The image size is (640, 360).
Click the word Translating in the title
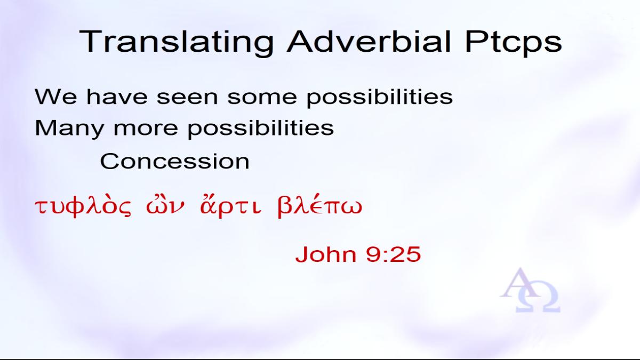177,42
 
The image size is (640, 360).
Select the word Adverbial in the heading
369,42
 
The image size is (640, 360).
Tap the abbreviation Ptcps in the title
514,42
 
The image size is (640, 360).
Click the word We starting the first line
55,97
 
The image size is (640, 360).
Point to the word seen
187,97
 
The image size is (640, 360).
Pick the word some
262,97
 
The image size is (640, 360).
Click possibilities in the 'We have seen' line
380,98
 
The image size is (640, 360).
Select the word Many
69,129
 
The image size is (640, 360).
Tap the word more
146,129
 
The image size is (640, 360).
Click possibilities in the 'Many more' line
261,129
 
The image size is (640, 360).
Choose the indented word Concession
175,162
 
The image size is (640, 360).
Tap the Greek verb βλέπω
320,206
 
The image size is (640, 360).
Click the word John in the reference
326,254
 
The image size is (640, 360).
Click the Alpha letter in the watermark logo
520,283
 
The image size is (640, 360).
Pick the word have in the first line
117,97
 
